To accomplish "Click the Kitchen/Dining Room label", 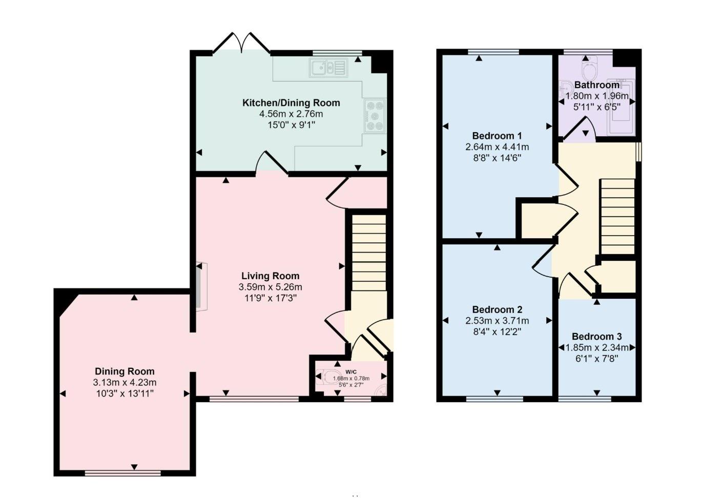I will [x=291, y=103].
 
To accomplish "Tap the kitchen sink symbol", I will [x=328, y=68].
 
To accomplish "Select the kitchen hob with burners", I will [x=374, y=115].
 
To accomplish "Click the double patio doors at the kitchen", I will [x=241, y=44].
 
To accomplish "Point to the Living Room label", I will [x=270, y=276].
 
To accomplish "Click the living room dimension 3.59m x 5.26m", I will [x=270, y=287].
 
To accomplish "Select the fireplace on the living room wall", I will [x=200, y=286].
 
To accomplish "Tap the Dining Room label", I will [x=125, y=371].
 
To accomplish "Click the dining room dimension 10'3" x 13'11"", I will [x=125, y=393].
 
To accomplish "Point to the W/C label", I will [x=351, y=372].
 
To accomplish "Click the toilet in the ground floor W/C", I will [x=324, y=378].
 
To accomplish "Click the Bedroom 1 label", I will [x=496, y=136].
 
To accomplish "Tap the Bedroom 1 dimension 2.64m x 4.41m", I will [x=496, y=147].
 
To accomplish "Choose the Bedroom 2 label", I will [x=496, y=309].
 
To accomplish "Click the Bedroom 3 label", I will [x=596, y=337].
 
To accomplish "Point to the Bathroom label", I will [x=596, y=85].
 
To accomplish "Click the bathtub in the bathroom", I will [x=621, y=108].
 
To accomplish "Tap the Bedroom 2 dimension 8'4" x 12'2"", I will [x=496, y=331].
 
